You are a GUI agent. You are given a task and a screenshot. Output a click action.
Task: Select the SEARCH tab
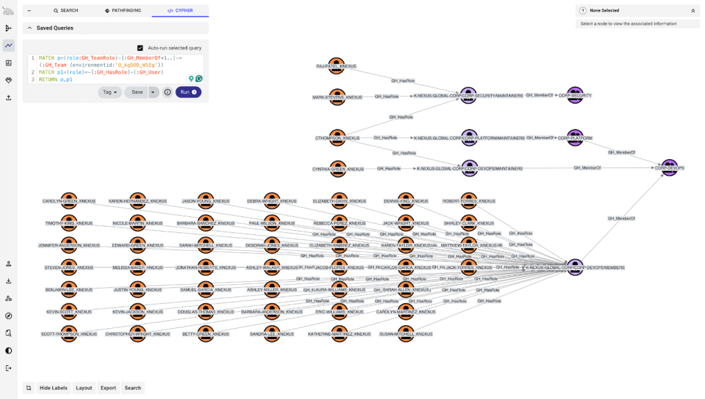pyautogui.click(x=65, y=11)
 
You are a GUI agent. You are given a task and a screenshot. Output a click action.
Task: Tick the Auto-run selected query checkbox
pyautogui.click(x=140, y=48)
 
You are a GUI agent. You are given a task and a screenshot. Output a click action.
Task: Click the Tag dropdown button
pyautogui.click(x=109, y=92)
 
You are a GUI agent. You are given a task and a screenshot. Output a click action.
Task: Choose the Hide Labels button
pyautogui.click(x=54, y=388)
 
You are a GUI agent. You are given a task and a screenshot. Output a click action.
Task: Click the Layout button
pyautogui.click(x=84, y=388)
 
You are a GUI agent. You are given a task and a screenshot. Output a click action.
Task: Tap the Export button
pyautogui.click(x=108, y=388)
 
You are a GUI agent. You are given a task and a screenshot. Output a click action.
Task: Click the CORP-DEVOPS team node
pyautogui.click(x=669, y=166)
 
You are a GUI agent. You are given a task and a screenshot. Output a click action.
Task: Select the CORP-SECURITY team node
pyautogui.click(x=576, y=94)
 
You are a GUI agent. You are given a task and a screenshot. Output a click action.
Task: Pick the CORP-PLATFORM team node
pyautogui.click(x=576, y=136)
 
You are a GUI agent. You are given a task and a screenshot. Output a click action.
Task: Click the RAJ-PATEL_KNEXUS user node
pyautogui.click(x=337, y=64)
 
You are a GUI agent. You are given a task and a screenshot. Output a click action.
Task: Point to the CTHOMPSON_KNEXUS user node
pyautogui.click(x=337, y=136)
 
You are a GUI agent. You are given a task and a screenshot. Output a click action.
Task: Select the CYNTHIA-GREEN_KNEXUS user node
pyautogui.click(x=337, y=167)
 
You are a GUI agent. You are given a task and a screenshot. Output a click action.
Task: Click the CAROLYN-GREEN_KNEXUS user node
pyautogui.click(x=68, y=200)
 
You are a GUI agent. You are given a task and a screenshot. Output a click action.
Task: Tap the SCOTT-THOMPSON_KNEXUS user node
pyautogui.click(x=68, y=333)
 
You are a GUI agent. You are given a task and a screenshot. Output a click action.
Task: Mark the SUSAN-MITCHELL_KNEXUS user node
pyautogui.click(x=406, y=333)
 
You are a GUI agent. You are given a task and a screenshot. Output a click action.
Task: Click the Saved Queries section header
pyautogui.click(x=55, y=28)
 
